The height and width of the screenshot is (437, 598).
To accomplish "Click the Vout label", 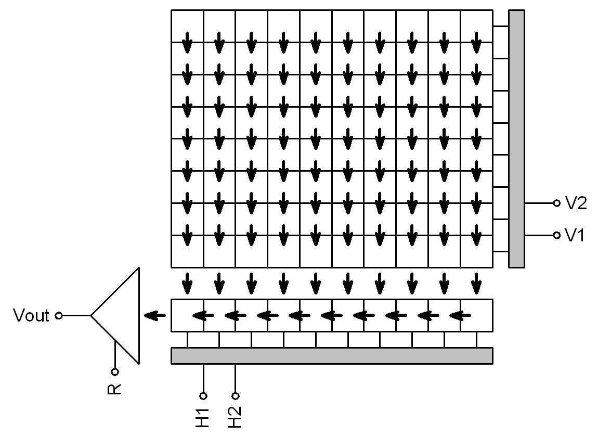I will (x=32, y=315).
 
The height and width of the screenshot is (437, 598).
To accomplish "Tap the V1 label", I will (x=576, y=236).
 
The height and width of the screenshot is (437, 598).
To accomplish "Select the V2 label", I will (x=576, y=203).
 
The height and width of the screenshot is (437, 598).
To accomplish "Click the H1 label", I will (x=203, y=417).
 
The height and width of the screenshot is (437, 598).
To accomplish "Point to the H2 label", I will (x=236, y=417).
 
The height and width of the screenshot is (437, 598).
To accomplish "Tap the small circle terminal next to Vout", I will (x=59, y=315).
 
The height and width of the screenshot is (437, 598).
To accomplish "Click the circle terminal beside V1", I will (x=556, y=236).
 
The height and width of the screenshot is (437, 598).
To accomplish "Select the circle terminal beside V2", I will (x=556, y=203).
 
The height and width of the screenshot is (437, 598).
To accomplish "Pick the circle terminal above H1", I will (x=203, y=395).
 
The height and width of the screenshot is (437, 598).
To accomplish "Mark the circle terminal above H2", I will (x=236, y=395).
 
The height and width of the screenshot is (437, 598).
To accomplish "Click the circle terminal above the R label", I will (x=114, y=371).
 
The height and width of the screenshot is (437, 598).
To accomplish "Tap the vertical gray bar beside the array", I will (x=516, y=139).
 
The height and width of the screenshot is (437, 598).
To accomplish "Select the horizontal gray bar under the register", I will (x=332, y=355).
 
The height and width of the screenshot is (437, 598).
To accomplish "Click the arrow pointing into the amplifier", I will (x=154, y=315).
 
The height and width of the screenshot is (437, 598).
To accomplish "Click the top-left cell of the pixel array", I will (x=187, y=26).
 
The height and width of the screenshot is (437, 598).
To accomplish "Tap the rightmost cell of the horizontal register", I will (x=476, y=315).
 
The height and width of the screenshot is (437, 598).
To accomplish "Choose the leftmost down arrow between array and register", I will (x=187, y=284).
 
